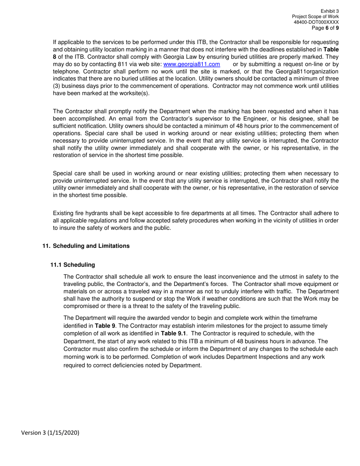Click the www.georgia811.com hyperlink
pos(191,64)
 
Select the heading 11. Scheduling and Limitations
pos(86,246)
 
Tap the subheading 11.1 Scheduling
pos(73,265)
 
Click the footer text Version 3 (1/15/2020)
pos(50,433)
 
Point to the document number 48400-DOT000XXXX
pos(316,22)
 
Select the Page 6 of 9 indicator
pos(325,28)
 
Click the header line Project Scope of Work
pos(315,17)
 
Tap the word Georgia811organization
pos(307,72)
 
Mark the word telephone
pos(66,72)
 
